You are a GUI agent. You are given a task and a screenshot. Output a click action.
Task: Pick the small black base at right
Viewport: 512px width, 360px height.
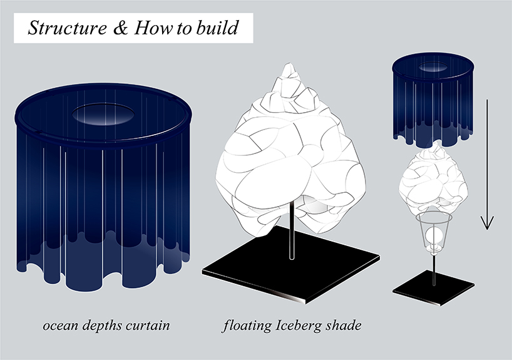tap(433, 291)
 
